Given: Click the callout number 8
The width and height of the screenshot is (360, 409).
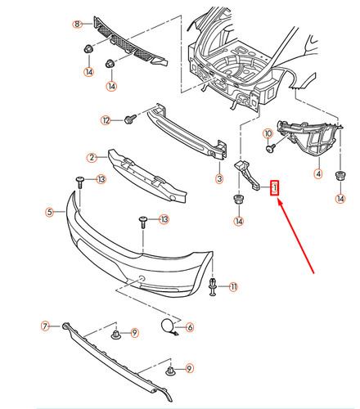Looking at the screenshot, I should (x=78, y=25).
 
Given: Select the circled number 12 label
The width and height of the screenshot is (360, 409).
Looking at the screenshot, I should (x=106, y=120).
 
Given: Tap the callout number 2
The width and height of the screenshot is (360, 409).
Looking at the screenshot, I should (x=92, y=157).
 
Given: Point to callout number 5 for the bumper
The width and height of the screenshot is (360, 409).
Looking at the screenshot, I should (x=50, y=212).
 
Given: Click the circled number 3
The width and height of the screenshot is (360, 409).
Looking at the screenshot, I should (x=219, y=178).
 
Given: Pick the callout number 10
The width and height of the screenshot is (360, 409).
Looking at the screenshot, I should (x=268, y=133).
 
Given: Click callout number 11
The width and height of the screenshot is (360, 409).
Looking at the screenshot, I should (x=233, y=286).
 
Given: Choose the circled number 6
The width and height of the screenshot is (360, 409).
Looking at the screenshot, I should (x=190, y=327).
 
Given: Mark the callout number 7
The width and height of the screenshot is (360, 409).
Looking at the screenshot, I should (x=46, y=326).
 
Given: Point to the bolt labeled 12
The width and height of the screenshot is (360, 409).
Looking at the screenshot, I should (x=128, y=120).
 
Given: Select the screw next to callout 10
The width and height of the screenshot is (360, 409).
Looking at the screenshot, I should (x=271, y=149).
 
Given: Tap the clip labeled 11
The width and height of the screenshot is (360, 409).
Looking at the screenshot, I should (x=214, y=286).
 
